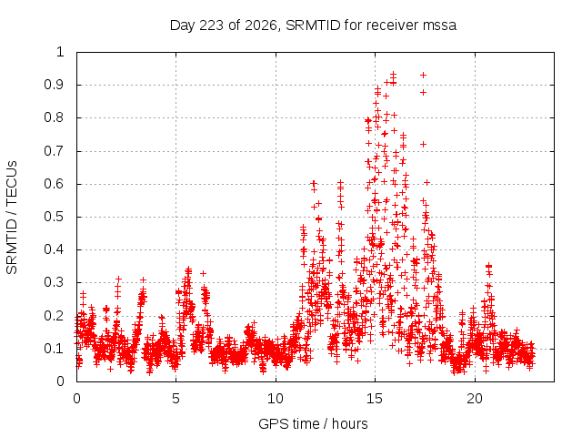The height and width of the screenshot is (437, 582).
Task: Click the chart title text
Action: (313, 25)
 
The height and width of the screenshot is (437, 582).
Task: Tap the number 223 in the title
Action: (212, 25)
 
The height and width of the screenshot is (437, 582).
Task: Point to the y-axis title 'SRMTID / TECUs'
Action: (12, 218)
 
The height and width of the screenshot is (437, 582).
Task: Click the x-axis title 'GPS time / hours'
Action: (313, 423)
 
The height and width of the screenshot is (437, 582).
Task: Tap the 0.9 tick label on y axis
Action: (54, 85)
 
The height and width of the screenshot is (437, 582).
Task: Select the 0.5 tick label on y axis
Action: (54, 217)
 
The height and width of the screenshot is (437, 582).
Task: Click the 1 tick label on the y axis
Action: (60, 52)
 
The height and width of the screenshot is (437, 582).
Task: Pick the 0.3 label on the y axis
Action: (54, 282)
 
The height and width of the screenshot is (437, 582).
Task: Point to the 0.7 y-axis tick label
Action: (54, 151)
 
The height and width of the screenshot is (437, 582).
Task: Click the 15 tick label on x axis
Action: (375, 399)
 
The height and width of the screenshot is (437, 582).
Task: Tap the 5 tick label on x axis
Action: (176, 399)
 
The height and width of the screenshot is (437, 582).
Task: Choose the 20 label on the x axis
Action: (475, 399)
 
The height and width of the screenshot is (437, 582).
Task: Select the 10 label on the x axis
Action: (276, 399)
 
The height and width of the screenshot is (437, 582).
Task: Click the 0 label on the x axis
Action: (76, 399)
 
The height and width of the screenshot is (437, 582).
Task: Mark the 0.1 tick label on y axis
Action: (54, 348)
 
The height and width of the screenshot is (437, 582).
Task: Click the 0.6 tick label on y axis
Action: (54, 184)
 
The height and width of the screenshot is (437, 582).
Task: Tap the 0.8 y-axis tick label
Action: (54, 117)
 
